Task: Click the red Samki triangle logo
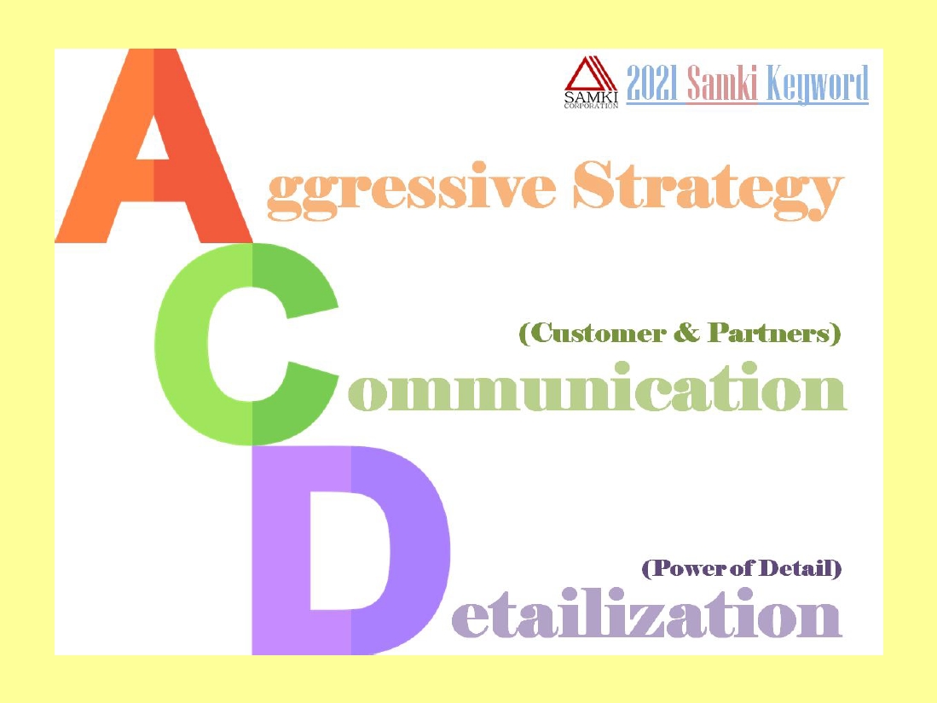(590, 74)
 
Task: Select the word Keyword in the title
(817, 84)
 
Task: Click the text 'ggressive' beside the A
(412, 190)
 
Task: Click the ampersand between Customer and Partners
(686, 333)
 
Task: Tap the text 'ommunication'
(597, 387)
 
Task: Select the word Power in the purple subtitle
(685, 568)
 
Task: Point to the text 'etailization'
(646, 613)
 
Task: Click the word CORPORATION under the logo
(591, 106)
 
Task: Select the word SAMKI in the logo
(591, 97)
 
